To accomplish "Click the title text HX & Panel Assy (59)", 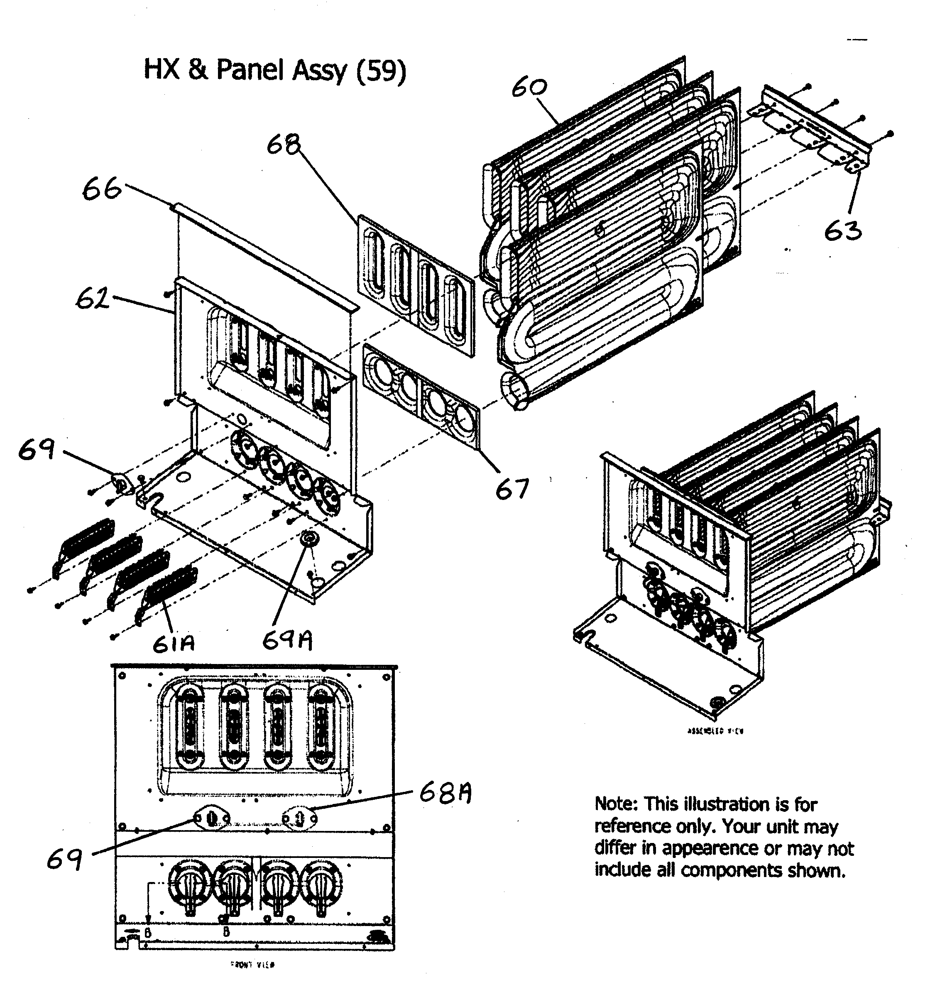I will tap(275, 71).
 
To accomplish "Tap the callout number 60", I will tap(529, 88).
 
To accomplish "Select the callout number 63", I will tap(843, 231).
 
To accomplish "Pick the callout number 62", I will tap(92, 299).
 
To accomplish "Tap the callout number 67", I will tap(512, 489).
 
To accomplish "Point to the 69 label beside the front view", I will tap(64, 859).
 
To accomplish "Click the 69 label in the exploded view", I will tap(36, 449).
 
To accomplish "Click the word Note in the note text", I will tap(615, 804).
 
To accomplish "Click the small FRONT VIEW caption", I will tap(252, 965).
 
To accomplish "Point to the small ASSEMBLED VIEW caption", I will tap(715, 731).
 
